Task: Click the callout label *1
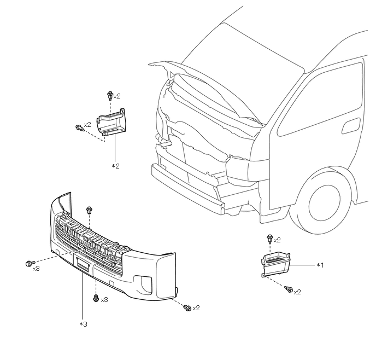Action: (320, 265)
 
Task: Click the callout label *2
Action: (115, 165)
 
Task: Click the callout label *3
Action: (83, 324)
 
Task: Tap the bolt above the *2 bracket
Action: (110, 96)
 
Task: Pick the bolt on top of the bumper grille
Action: (90, 210)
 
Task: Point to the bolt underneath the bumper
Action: (96, 298)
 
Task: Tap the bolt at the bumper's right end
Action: (187, 308)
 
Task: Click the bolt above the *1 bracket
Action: (269, 239)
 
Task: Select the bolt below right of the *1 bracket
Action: (289, 289)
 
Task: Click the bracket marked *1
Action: (275, 264)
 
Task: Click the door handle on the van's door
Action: (350, 130)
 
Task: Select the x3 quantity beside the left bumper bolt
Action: (36, 269)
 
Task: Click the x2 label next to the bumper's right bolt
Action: (196, 308)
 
